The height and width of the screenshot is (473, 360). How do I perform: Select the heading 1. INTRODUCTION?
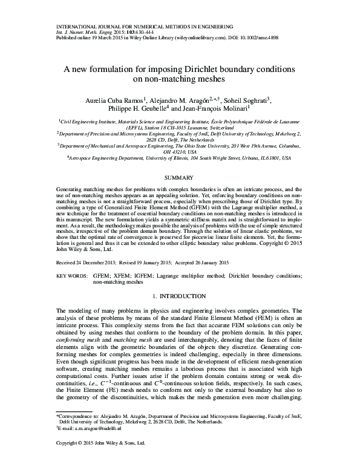(180, 296)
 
